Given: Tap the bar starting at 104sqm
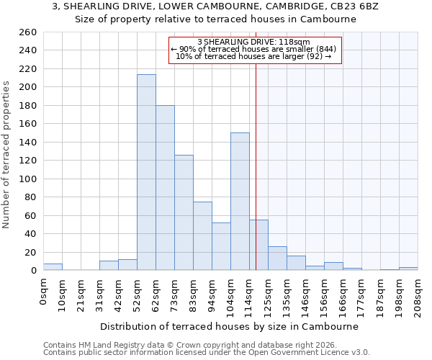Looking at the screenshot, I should (240, 202).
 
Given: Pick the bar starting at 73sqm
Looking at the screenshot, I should (184, 212).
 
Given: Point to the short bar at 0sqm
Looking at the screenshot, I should (53, 267).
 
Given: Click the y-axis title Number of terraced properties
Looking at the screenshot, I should (7, 155).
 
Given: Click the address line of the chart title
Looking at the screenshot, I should (215, 6).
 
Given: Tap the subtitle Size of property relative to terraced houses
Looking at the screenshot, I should (215, 19).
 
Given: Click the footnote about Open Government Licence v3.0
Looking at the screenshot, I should (207, 353).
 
